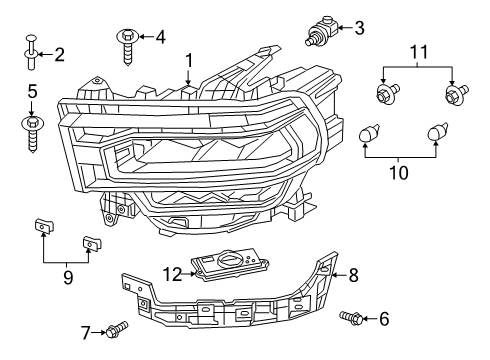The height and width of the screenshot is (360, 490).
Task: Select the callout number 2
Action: click(x=59, y=55)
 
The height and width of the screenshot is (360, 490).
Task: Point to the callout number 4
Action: click(x=161, y=38)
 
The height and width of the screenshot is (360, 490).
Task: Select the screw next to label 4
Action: click(x=128, y=45)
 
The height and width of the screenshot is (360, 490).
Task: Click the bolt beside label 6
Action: click(x=351, y=318)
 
